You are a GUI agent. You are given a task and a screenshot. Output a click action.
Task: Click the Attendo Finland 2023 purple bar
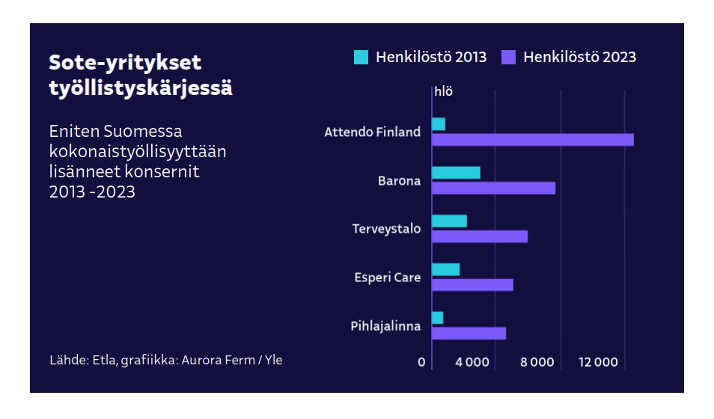coord(533,140)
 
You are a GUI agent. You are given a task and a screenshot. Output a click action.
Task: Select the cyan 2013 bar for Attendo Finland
coord(439,124)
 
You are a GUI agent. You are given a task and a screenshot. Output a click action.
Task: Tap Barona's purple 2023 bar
coord(494,188)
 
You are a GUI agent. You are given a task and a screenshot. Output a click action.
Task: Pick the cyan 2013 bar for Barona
coord(456,173)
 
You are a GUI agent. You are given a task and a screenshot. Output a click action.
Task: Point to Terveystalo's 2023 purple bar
coord(480,236)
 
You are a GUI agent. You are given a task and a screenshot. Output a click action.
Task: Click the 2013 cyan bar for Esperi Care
coord(446,269)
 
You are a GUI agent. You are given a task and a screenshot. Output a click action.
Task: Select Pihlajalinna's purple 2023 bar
coord(469,333)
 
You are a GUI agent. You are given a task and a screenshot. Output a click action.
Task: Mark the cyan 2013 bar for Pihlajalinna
coord(438,318)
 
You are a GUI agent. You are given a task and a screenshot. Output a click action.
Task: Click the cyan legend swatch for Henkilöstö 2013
coord(361,57)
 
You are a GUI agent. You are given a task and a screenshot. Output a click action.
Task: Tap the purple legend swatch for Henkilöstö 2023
coord(509,57)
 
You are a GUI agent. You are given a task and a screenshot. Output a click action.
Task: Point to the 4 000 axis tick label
coord(472,362)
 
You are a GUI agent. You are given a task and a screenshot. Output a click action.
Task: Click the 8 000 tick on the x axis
coord(537,362)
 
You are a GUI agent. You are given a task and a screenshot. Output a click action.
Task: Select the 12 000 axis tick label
coord(599,362)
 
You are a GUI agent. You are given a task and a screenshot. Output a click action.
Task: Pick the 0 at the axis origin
coord(421,362)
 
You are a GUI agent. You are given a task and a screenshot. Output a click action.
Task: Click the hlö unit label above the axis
coord(443,92)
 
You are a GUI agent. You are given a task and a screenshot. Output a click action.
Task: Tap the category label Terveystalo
coord(386,229)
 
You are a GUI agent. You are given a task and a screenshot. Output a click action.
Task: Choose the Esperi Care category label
coord(387,278)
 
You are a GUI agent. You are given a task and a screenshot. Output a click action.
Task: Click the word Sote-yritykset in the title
coord(125,63)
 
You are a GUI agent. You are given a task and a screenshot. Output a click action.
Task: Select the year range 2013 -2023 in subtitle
coord(92,192)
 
